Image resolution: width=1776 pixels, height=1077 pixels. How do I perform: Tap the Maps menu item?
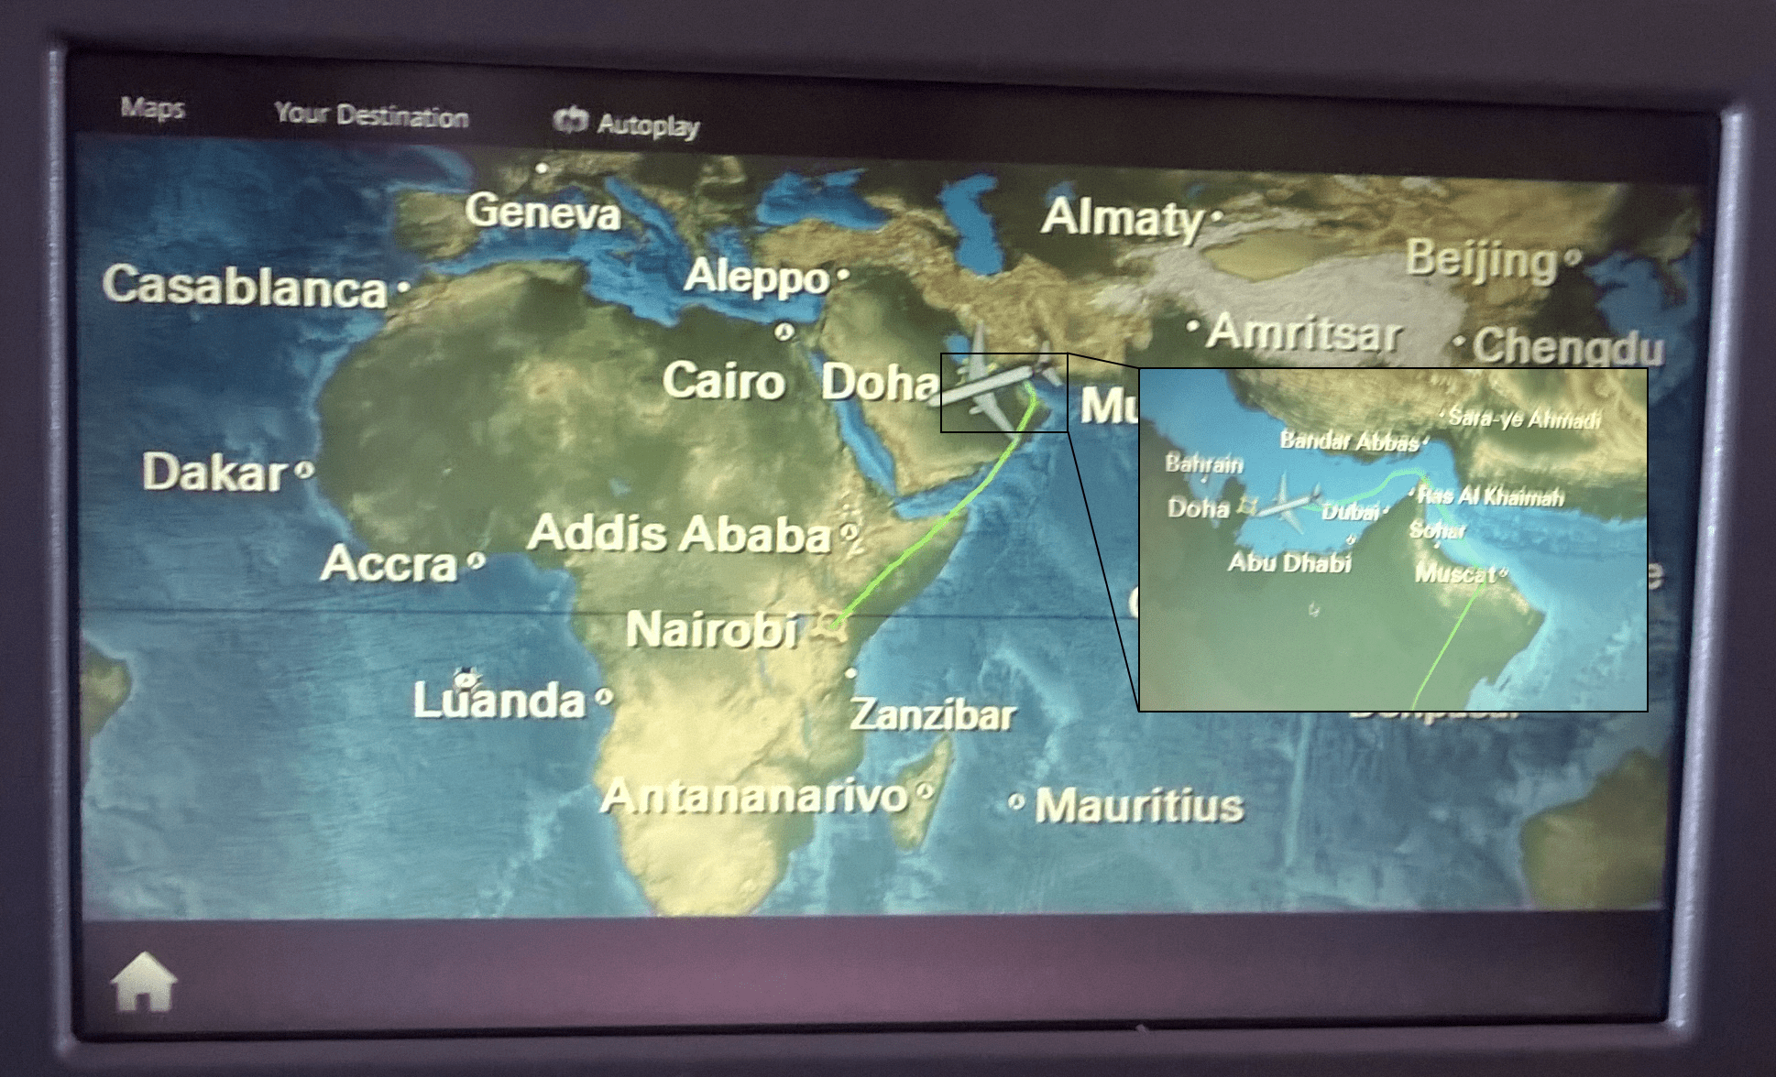(x=153, y=108)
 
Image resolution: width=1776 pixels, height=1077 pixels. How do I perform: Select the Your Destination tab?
(x=371, y=114)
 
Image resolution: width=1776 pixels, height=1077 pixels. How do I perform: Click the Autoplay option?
(x=628, y=123)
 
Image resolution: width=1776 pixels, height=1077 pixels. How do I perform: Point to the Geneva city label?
(x=543, y=212)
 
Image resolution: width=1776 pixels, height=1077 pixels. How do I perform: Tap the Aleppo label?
(x=757, y=277)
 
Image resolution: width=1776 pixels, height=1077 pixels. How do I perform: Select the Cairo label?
(x=723, y=380)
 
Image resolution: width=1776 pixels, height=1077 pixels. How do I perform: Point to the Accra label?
(x=389, y=563)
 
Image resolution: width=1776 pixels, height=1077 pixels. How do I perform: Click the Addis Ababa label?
(x=679, y=533)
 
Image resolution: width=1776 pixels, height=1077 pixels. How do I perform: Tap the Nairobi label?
(x=712, y=630)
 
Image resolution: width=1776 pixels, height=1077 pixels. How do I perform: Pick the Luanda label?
(x=499, y=700)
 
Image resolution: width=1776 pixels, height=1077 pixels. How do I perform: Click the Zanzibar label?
(x=933, y=714)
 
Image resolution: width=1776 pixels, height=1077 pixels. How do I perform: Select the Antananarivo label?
(x=754, y=796)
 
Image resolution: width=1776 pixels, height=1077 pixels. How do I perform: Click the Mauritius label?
(x=1139, y=806)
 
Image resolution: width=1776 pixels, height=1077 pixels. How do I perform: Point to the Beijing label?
(x=1482, y=259)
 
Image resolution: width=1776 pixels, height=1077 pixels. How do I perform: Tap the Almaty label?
(x=1122, y=218)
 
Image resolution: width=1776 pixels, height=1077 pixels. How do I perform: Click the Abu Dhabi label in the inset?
(x=1289, y=561)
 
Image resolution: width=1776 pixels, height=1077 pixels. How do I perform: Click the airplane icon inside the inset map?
(x=1287, y=502)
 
